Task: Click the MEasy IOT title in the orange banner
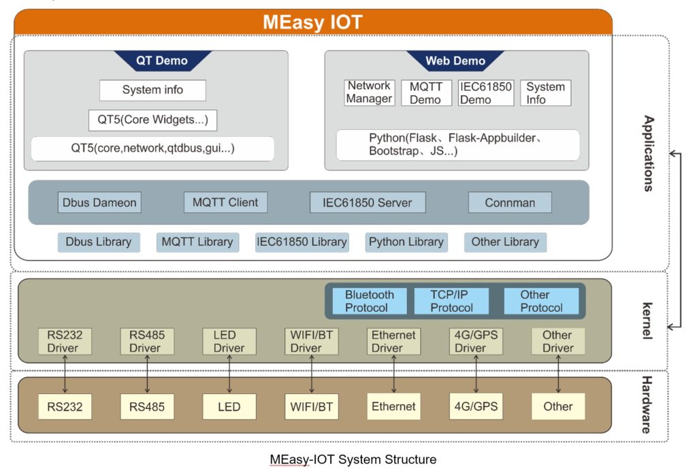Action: coord(312,22)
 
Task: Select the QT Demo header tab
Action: coord(162,61)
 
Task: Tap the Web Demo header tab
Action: coord(455,61)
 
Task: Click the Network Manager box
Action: coord(369,93)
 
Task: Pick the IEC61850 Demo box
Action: coord(485,93)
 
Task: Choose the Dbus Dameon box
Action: coord(100,202)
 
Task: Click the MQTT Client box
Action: coord(225,202)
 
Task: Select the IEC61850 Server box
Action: coord(368,203)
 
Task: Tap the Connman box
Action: coord(510,203)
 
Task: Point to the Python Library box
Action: coord(406,242)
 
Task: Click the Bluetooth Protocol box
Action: coord(369,301)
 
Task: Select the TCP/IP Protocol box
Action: coord(451,301)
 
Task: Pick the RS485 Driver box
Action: coord(147,342)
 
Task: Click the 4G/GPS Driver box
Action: coord(476,342)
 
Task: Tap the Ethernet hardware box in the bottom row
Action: coord(393,407)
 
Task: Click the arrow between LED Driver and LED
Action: coord(229,374)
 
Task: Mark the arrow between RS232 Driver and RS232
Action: coord(65,374)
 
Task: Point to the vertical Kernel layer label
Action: coord(647,321)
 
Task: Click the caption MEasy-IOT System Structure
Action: coord(353,459)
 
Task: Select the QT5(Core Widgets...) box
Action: coord(152,120)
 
